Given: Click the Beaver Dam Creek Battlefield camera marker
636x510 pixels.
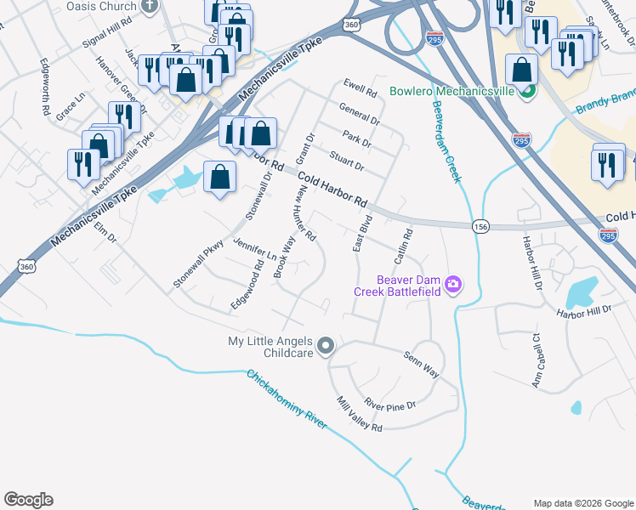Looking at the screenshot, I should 454,284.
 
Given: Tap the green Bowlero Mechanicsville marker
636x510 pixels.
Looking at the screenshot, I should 527,91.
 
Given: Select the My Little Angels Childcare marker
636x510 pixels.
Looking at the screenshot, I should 326,347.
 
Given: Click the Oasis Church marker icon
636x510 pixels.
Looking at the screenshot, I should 150,5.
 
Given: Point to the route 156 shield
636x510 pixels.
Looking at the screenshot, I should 480,225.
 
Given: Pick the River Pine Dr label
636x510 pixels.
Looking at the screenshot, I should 389,405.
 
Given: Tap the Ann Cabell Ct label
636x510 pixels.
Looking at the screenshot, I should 537,360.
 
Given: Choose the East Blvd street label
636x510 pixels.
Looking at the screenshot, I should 362,234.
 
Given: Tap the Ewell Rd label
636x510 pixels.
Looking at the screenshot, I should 360,88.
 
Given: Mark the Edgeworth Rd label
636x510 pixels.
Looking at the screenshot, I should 44,87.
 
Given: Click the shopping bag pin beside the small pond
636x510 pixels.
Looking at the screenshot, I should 219,178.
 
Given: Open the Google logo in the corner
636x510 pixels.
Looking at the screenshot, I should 28,500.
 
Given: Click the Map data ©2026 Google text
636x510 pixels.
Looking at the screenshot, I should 582,503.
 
